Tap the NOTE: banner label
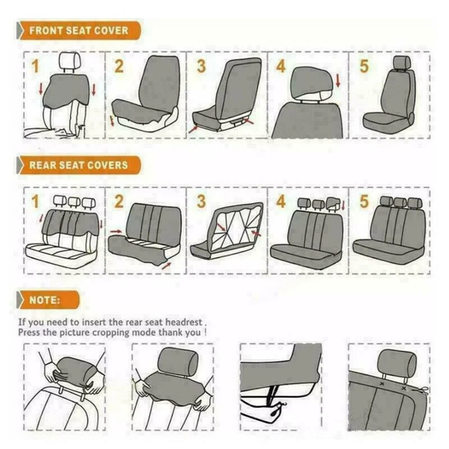tap(45, 300)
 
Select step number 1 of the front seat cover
tap(35, 66)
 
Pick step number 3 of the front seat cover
tap(201, 66)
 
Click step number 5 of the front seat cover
tap(364, 66)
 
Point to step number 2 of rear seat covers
tap(119, 201)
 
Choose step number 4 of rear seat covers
tap(281, 201)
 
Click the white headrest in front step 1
tap(68, 61)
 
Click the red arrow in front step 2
tap(112, 121)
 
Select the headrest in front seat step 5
tap(401, 62)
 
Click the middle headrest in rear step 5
tap(400, 202)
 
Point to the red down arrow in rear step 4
tap(343, 205)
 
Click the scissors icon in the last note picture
tap(420, 391)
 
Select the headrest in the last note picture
tap(397, 363)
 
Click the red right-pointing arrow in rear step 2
tap(116, 231)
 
